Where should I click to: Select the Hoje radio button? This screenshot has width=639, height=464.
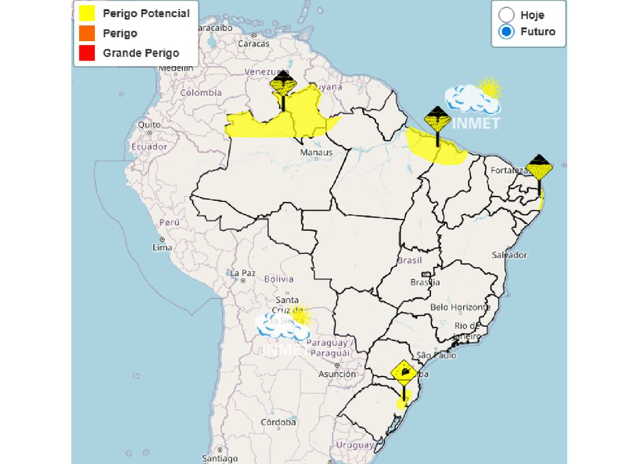(507, 15)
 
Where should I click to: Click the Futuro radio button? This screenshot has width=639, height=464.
(507, 31)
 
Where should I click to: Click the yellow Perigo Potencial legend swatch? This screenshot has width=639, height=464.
(87, 13)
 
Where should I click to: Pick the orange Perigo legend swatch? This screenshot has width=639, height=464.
(87, 33)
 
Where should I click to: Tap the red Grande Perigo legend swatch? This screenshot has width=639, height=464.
(87, 53)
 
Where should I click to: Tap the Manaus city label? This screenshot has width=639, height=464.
(316, 152)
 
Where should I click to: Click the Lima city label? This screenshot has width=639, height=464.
(162, 248)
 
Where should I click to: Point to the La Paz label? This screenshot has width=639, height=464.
(243, 273)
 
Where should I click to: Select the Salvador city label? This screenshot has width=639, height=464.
(509, 254)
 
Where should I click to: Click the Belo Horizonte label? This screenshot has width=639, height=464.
(461, 307)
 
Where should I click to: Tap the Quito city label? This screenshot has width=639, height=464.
(149, 125)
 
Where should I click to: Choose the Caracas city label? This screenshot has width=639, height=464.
(253, 44)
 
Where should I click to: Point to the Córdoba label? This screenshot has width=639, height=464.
(278, 422)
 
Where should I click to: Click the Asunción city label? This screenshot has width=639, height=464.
(337, 374)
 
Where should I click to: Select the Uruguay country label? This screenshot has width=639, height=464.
(354, 445)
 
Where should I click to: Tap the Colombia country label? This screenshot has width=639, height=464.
(201, 92)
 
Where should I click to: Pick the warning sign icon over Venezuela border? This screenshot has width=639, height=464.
(283, 84)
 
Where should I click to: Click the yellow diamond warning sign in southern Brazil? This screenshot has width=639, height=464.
(404, 372)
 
